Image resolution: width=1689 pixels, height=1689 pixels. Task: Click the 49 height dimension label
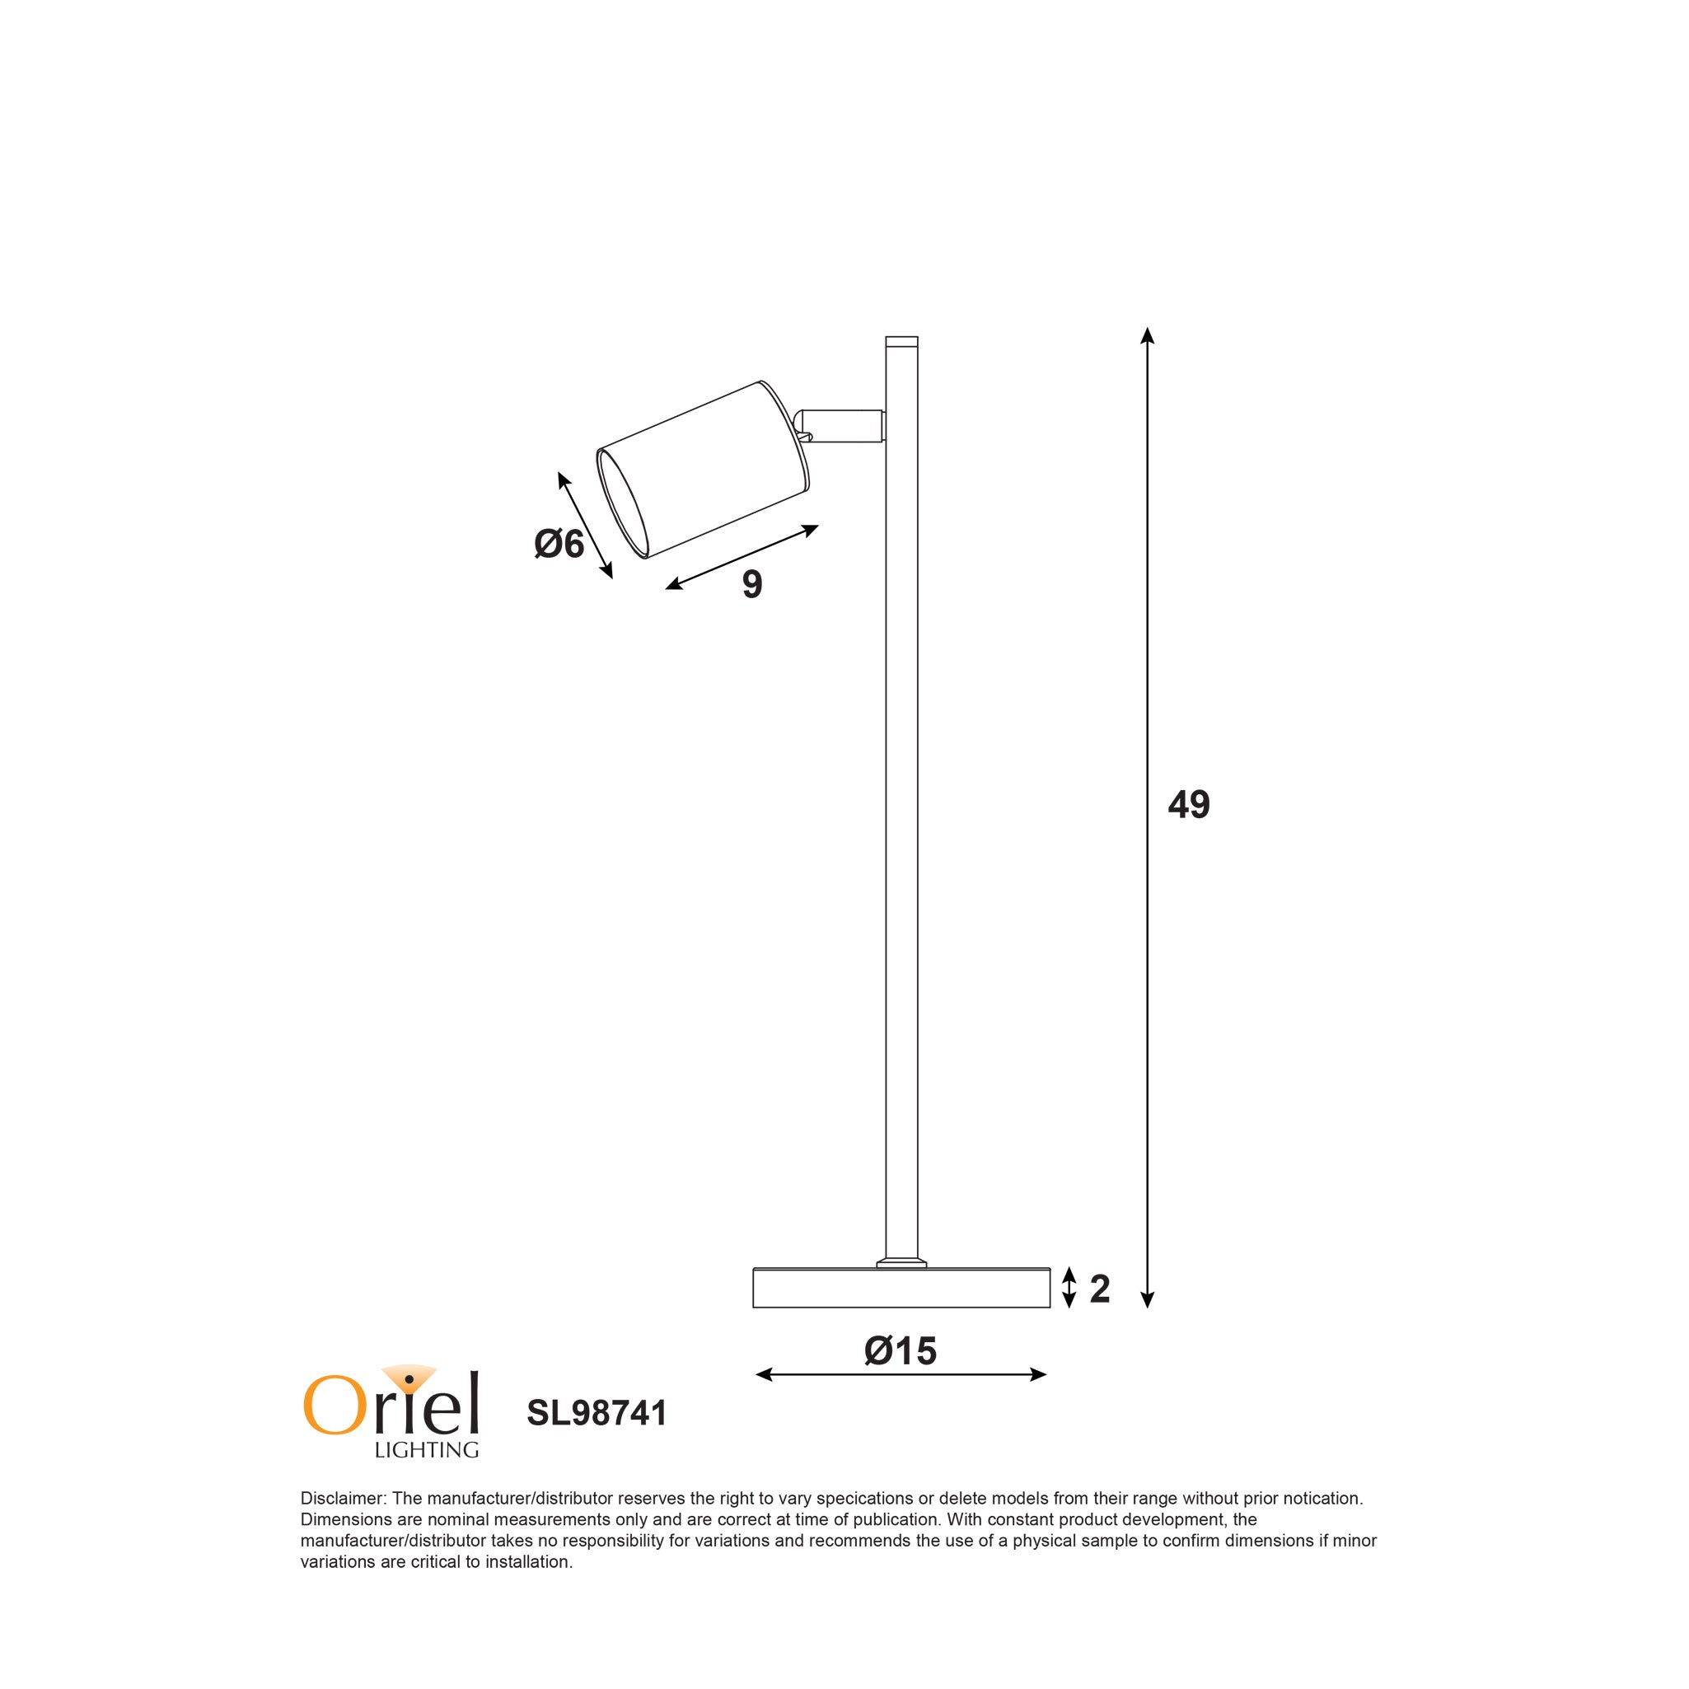(1188, 805)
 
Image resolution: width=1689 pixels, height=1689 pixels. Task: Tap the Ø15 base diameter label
(900, 1350)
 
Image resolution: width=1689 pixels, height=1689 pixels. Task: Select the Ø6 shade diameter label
(559, 544)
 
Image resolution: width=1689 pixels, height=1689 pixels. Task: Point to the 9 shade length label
(752, 585)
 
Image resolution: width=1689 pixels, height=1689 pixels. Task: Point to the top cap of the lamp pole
(901, 342)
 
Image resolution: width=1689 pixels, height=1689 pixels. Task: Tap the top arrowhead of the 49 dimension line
(1148, 335)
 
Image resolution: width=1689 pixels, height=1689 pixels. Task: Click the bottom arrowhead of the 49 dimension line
(1148, 1325)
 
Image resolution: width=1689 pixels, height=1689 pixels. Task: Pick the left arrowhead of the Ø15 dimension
(763, 1375)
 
